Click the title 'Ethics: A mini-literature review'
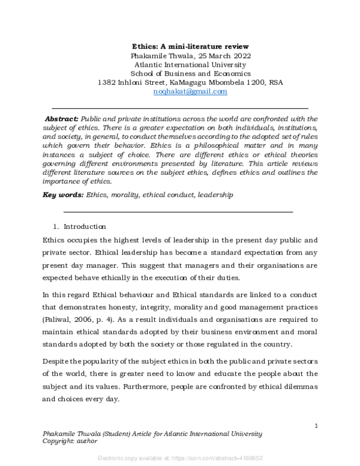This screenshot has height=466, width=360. coord(191,46)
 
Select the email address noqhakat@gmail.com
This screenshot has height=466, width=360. coord(191,91)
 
